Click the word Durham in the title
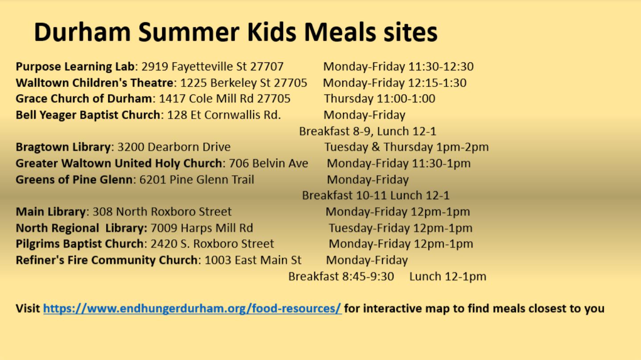(82, 32)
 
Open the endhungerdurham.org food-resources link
(192, 308)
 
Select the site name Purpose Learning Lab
(75, 67)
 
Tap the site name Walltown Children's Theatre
(95, 83)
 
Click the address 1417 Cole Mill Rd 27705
(225, 98)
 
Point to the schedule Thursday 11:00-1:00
(379, 98)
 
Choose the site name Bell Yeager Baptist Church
(88, 115)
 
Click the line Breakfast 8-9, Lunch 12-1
(368, 131)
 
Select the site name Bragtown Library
(63, 147)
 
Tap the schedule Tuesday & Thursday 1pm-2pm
(407, 147)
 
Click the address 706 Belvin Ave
(268, 163)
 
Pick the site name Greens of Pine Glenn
(74, 180)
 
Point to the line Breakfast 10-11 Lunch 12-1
(376, 195)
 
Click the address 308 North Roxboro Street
(162, 212)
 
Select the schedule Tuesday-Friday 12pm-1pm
(400, 228)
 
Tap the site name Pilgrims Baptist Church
(79, 244)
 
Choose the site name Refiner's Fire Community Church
(107, 260)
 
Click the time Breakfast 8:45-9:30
(341, 277)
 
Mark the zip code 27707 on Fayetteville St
(267, 67)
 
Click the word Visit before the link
(28, 308)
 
